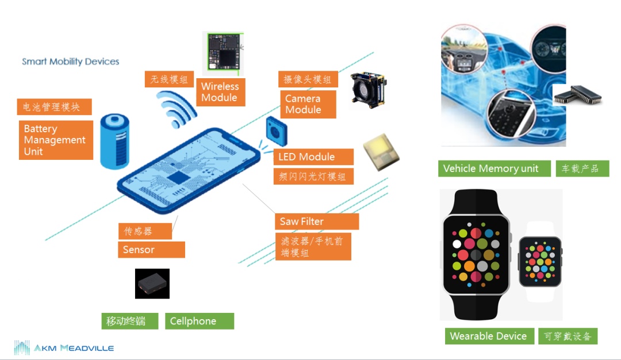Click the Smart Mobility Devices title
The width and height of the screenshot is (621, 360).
[x=71, y=62]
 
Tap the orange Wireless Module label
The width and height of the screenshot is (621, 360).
[x=220, y=92]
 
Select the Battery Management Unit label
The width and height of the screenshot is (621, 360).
[x=55, y=140]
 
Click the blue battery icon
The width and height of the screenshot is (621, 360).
[x=114, y=141]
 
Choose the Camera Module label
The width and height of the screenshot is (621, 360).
[x=308, y=104]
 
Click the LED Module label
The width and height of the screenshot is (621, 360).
[x=313, y=157]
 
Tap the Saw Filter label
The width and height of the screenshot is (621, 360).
[x=316, y=221]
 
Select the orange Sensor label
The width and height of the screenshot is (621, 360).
[x=152, y=250]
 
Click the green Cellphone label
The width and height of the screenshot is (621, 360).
[x=199, y=321]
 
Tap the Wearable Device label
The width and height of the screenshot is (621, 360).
[x=488, y=336]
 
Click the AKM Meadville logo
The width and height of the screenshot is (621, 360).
[x=64, y=348]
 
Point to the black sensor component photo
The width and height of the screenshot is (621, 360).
[x=152, y=284]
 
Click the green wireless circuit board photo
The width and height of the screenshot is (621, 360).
[x=224, y=53]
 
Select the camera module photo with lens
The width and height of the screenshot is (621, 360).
[x=369, y=90]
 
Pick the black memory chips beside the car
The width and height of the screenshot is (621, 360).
[x=577, y=95]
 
